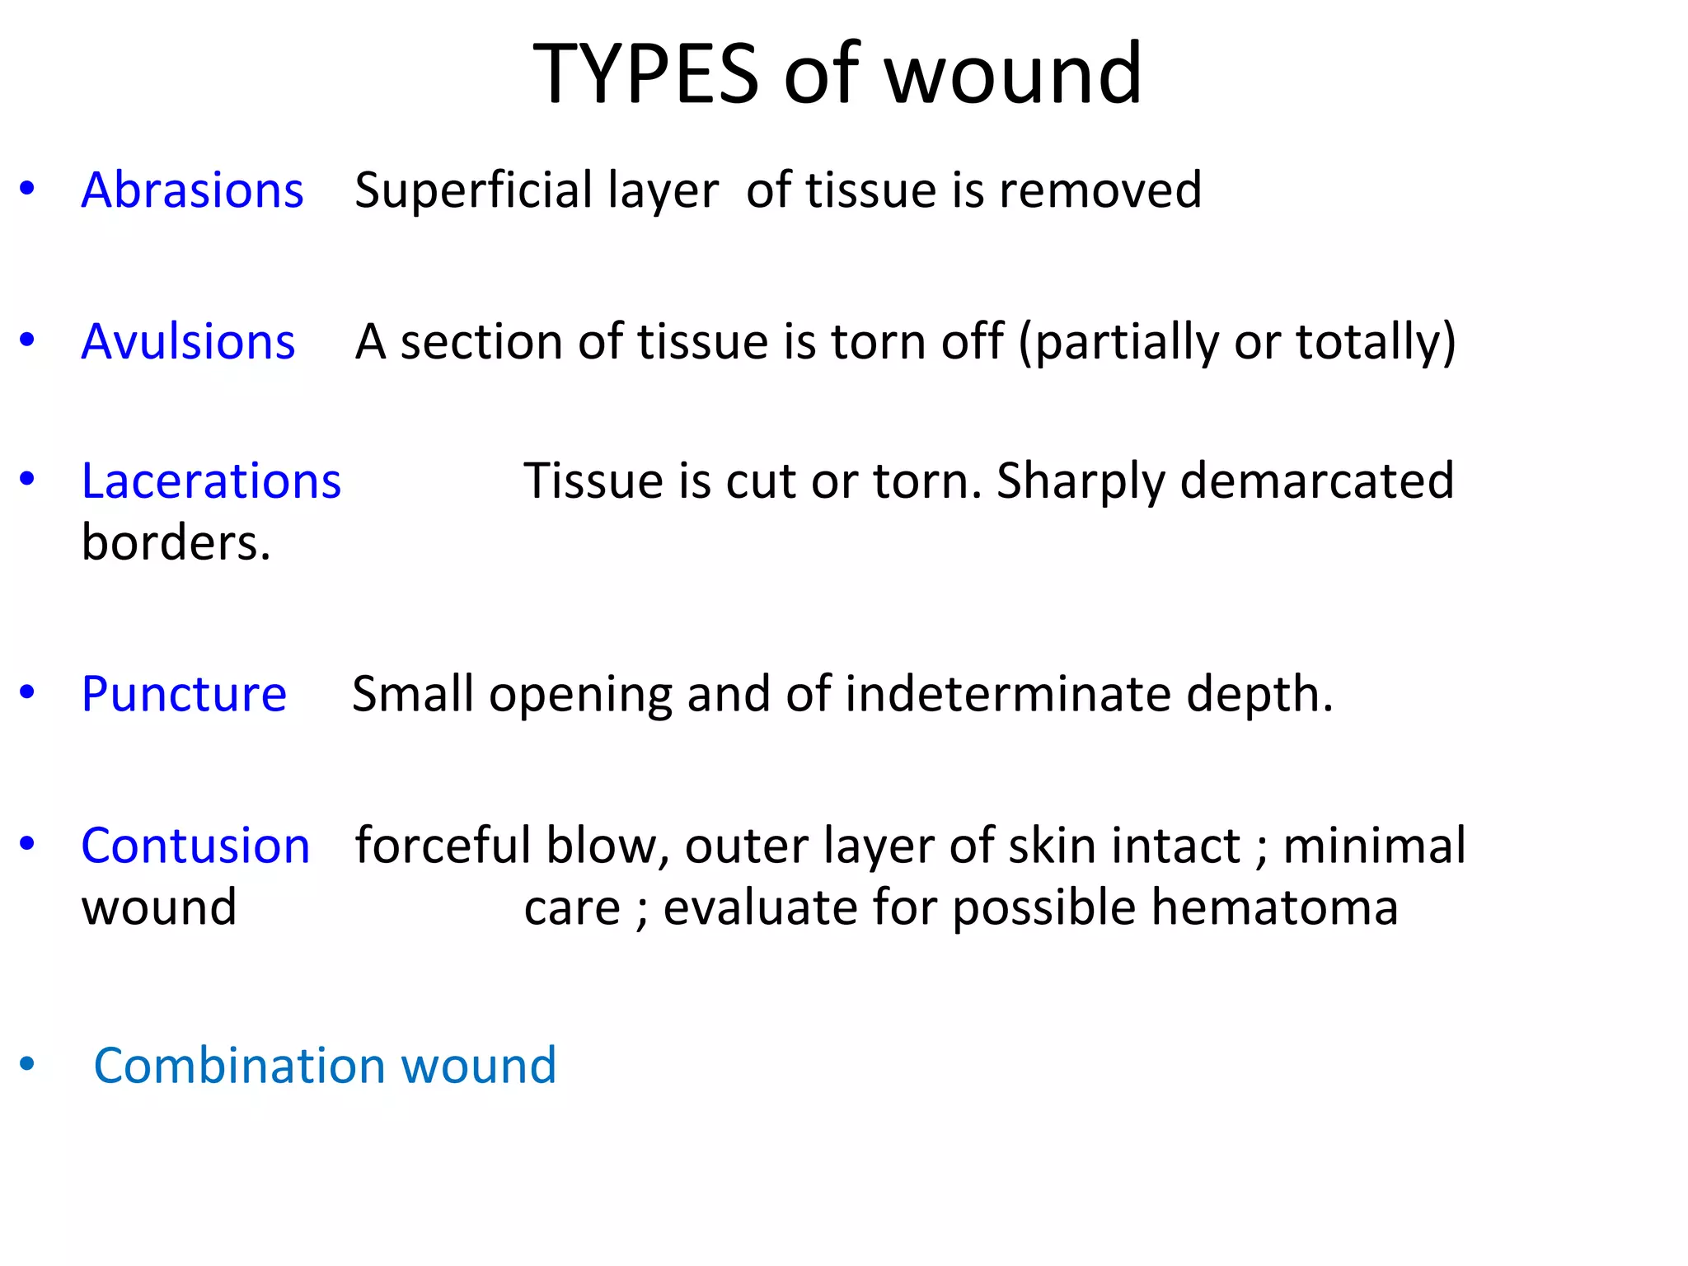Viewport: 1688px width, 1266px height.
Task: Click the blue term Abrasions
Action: (192, 190)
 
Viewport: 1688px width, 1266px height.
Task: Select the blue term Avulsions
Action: (188, 341)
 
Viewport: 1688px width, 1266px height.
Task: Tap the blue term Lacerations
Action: (211, 481)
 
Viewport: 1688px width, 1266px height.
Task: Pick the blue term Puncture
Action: (184, 694)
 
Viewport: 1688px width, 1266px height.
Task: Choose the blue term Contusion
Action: (195, 846)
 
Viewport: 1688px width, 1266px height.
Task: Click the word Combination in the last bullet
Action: (239, 1065)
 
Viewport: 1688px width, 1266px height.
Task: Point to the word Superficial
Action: (473, 190)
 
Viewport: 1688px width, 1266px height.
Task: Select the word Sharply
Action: (1081, 482)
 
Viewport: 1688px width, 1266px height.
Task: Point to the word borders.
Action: (176, 542)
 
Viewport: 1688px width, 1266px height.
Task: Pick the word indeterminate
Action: (1008, 694)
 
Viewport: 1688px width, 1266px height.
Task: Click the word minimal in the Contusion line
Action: (1374, 846)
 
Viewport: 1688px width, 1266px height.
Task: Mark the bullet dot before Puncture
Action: (27, 692)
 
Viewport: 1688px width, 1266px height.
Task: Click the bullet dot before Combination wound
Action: (27, 1064)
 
